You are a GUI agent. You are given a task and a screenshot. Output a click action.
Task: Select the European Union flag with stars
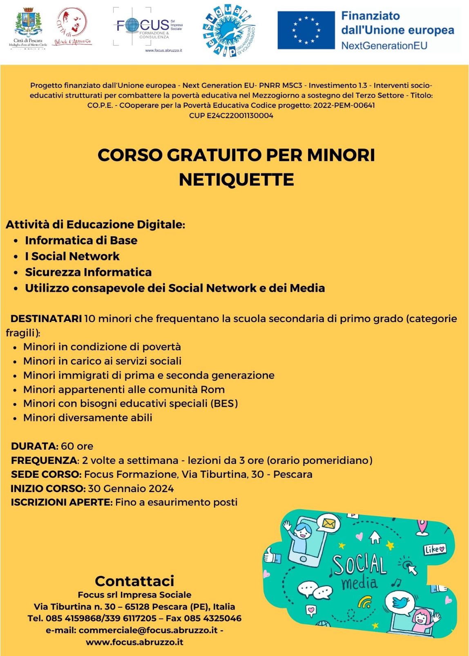[x=306, y=30]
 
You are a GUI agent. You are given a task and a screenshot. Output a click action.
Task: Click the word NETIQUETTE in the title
[x=236, y=180]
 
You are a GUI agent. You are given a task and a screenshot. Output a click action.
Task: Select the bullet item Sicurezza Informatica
[x=88, y=272]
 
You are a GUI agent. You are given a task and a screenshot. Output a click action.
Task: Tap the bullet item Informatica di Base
[x=81, y=240]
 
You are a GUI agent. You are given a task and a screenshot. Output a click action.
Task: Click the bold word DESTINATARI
[x=46, y=319]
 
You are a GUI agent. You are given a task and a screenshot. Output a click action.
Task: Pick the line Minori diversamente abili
[x=87, y=418]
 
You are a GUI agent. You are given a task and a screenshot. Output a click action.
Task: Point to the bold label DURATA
[x=35, y=446]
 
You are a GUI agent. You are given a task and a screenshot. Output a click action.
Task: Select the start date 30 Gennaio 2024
[x=131, y=489]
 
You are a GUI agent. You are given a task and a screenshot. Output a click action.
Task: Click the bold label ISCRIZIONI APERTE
[x=61, y=502]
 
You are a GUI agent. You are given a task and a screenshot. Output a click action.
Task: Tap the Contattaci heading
[x=134, y=581]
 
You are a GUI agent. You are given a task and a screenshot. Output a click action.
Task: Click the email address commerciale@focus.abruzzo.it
[x=148, y=630]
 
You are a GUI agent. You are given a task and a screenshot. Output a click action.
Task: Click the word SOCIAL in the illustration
[x=360, y=565]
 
